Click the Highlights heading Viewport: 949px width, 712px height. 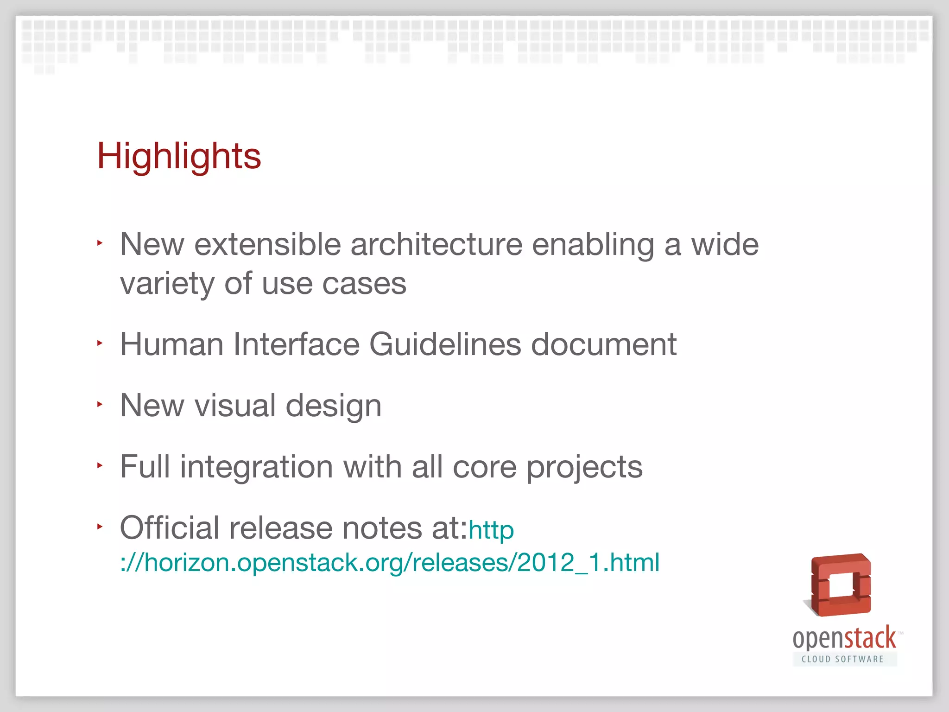click(179, 157)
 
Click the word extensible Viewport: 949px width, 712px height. click(267, 244)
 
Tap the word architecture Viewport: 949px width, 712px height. click(436, 244)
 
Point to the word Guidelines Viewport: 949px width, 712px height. click(445, 344)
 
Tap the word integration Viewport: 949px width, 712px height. click(256, 467)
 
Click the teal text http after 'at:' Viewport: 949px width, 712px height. click(491, 530)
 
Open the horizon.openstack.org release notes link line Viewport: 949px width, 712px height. click(389, 563)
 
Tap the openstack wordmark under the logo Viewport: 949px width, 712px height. click(844, 639)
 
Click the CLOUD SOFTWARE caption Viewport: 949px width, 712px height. click(843, 659)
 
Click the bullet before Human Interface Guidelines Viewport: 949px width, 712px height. click(100, 343)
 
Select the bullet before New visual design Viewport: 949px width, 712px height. click(100, 404)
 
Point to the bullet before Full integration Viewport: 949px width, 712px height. click(100, 465)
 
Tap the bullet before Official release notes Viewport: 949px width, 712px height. click(100, 527)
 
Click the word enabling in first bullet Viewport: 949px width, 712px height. click(593, 245)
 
